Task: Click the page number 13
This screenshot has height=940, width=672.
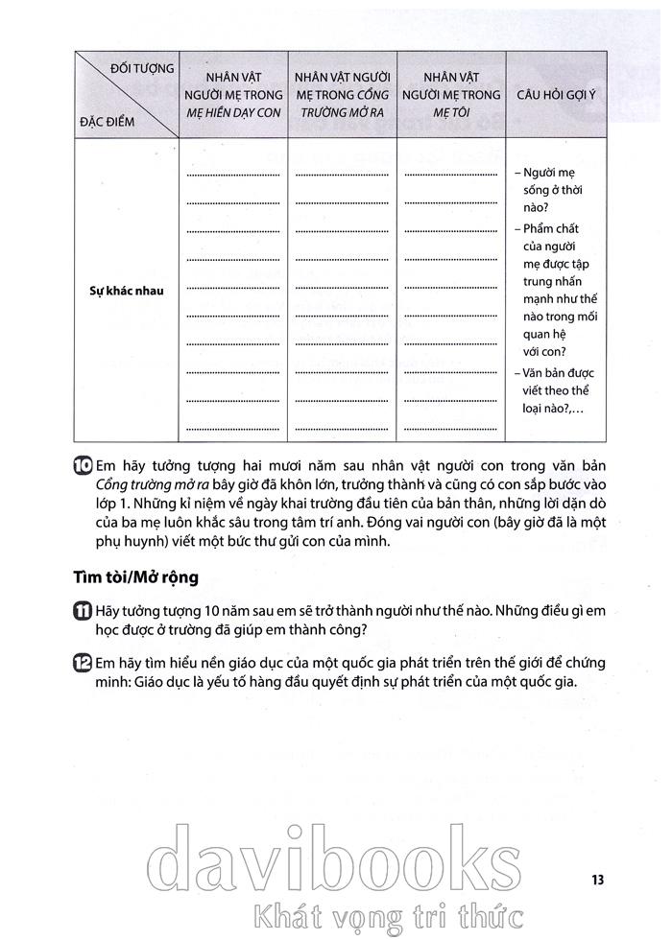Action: coord(596,879)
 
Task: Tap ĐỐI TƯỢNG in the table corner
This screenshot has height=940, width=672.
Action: coord(142,68)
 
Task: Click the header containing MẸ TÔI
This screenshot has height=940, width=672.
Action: coord(451,95)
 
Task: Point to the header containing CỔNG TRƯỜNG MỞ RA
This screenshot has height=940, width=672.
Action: coord(341,95)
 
